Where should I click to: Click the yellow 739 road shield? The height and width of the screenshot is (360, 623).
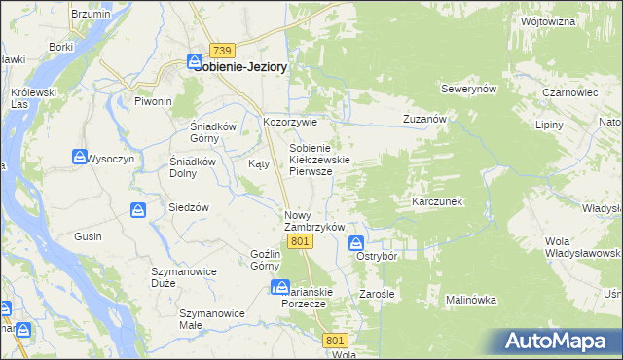point(222,51)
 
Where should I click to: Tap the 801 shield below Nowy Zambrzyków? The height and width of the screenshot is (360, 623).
point(301,241)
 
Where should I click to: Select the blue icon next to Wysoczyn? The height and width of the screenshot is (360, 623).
point(80,156)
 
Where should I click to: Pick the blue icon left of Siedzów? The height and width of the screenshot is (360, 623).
point(139,209)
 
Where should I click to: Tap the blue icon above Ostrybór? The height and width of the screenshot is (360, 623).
point(357,242)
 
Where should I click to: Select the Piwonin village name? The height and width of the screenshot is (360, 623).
point(153,101)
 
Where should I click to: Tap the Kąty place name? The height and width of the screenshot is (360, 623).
point(259,163)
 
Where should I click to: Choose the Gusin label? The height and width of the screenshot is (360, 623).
point(88,236)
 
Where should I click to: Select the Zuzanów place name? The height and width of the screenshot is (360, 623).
point(424,119)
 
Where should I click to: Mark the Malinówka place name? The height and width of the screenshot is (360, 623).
point(472,300)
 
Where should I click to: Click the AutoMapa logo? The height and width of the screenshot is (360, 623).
point(561,341)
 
